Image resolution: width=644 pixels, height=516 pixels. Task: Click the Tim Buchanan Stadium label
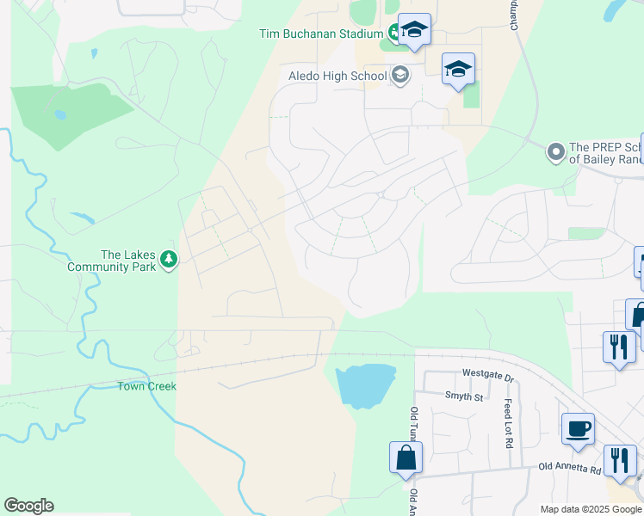[x=320, y=34]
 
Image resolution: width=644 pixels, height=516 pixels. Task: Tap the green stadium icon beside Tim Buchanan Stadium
[x=395, y=34]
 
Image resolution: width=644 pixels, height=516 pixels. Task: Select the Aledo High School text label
[x=337, y=77]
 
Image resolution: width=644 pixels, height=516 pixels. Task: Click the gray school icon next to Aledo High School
[x=399, y=76]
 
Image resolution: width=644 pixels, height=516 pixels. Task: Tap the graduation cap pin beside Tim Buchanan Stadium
[x=414, y=31]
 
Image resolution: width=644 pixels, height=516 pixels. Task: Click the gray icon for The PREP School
[x=556, y=153]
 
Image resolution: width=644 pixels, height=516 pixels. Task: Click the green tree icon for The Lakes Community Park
[x=170, y=259]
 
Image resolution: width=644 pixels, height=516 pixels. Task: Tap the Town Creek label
[x=146, y=386]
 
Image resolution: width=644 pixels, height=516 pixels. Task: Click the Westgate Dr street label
[x=487, y=376]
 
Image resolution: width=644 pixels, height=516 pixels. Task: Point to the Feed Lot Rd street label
[x=509, y=423]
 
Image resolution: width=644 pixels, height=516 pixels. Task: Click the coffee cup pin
[x=578, y=427]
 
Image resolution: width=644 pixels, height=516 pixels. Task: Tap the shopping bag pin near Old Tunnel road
[x=406, y=458]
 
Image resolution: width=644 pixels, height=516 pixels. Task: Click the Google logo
[x=28, y=506]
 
